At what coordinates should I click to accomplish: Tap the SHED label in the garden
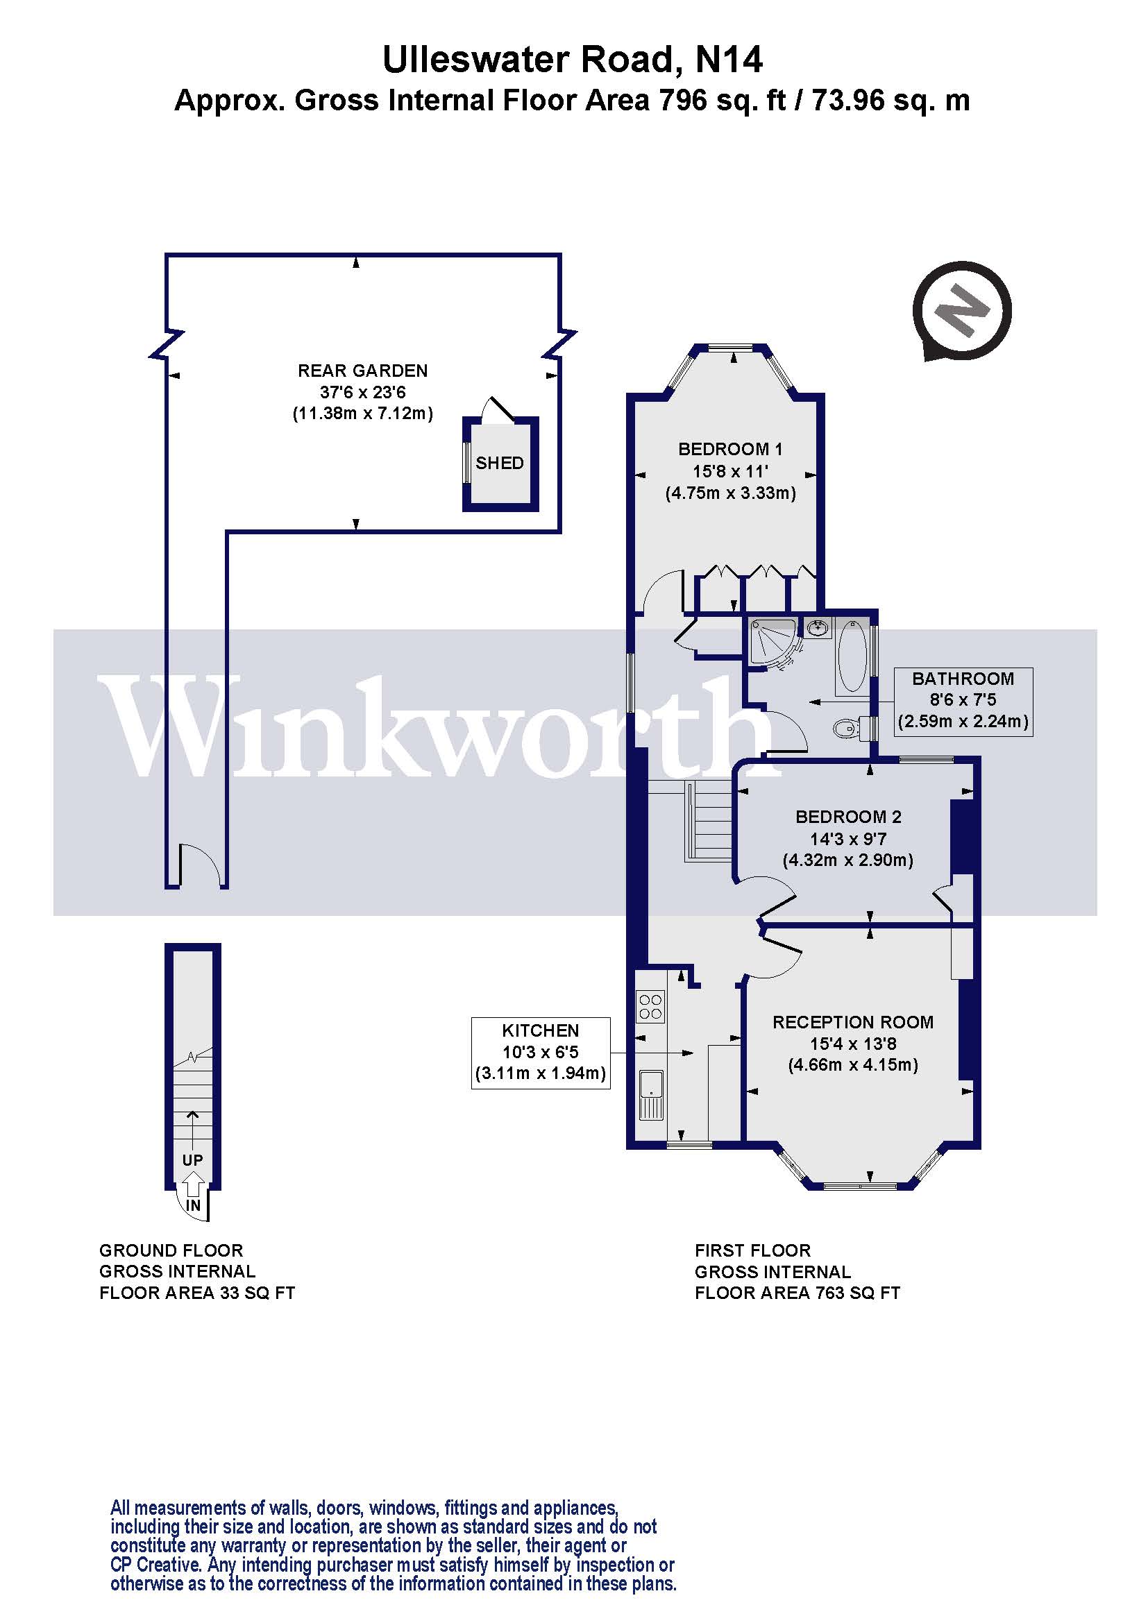(x=500, y=463)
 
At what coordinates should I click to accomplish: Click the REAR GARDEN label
(x=362, y=371)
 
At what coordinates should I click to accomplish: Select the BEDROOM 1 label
(x=729, y=449)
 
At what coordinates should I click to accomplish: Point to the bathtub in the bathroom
(x=852, y=656)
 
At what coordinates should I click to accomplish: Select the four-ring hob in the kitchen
(x=650, y=1007)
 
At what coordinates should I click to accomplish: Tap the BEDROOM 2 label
(x=847, y=817)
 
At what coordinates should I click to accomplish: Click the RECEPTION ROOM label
(x=852, y=1022)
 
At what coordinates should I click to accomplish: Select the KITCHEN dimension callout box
(x=541, y=1053)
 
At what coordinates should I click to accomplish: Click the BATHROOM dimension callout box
(x=963, y=702)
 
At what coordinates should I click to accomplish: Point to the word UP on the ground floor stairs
(x=192, y=1160)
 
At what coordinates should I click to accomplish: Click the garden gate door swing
(x=201, y=866)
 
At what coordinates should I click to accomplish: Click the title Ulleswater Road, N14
(x=573, y=60)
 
